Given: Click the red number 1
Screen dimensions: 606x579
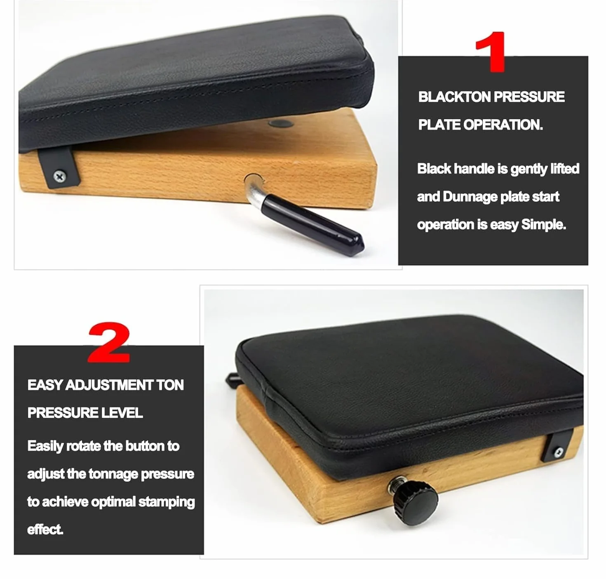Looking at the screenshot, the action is click(x=491, y=52).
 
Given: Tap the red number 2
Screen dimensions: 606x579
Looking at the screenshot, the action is click(x=109, y=342).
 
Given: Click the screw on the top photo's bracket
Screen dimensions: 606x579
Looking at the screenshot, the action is click(x=59, y=176).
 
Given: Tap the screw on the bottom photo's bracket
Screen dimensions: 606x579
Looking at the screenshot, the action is click(x=559, y=451).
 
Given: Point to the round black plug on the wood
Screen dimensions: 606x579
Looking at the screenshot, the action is click(x=281, y=124).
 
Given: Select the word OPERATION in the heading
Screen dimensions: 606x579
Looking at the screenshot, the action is click(x=503, y=125).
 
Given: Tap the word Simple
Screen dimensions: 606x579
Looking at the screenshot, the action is click(x=543, y=225).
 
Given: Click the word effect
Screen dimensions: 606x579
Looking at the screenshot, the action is click(x=45, y=530).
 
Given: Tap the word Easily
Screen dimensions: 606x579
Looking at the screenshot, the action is click(x=45, y=447).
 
